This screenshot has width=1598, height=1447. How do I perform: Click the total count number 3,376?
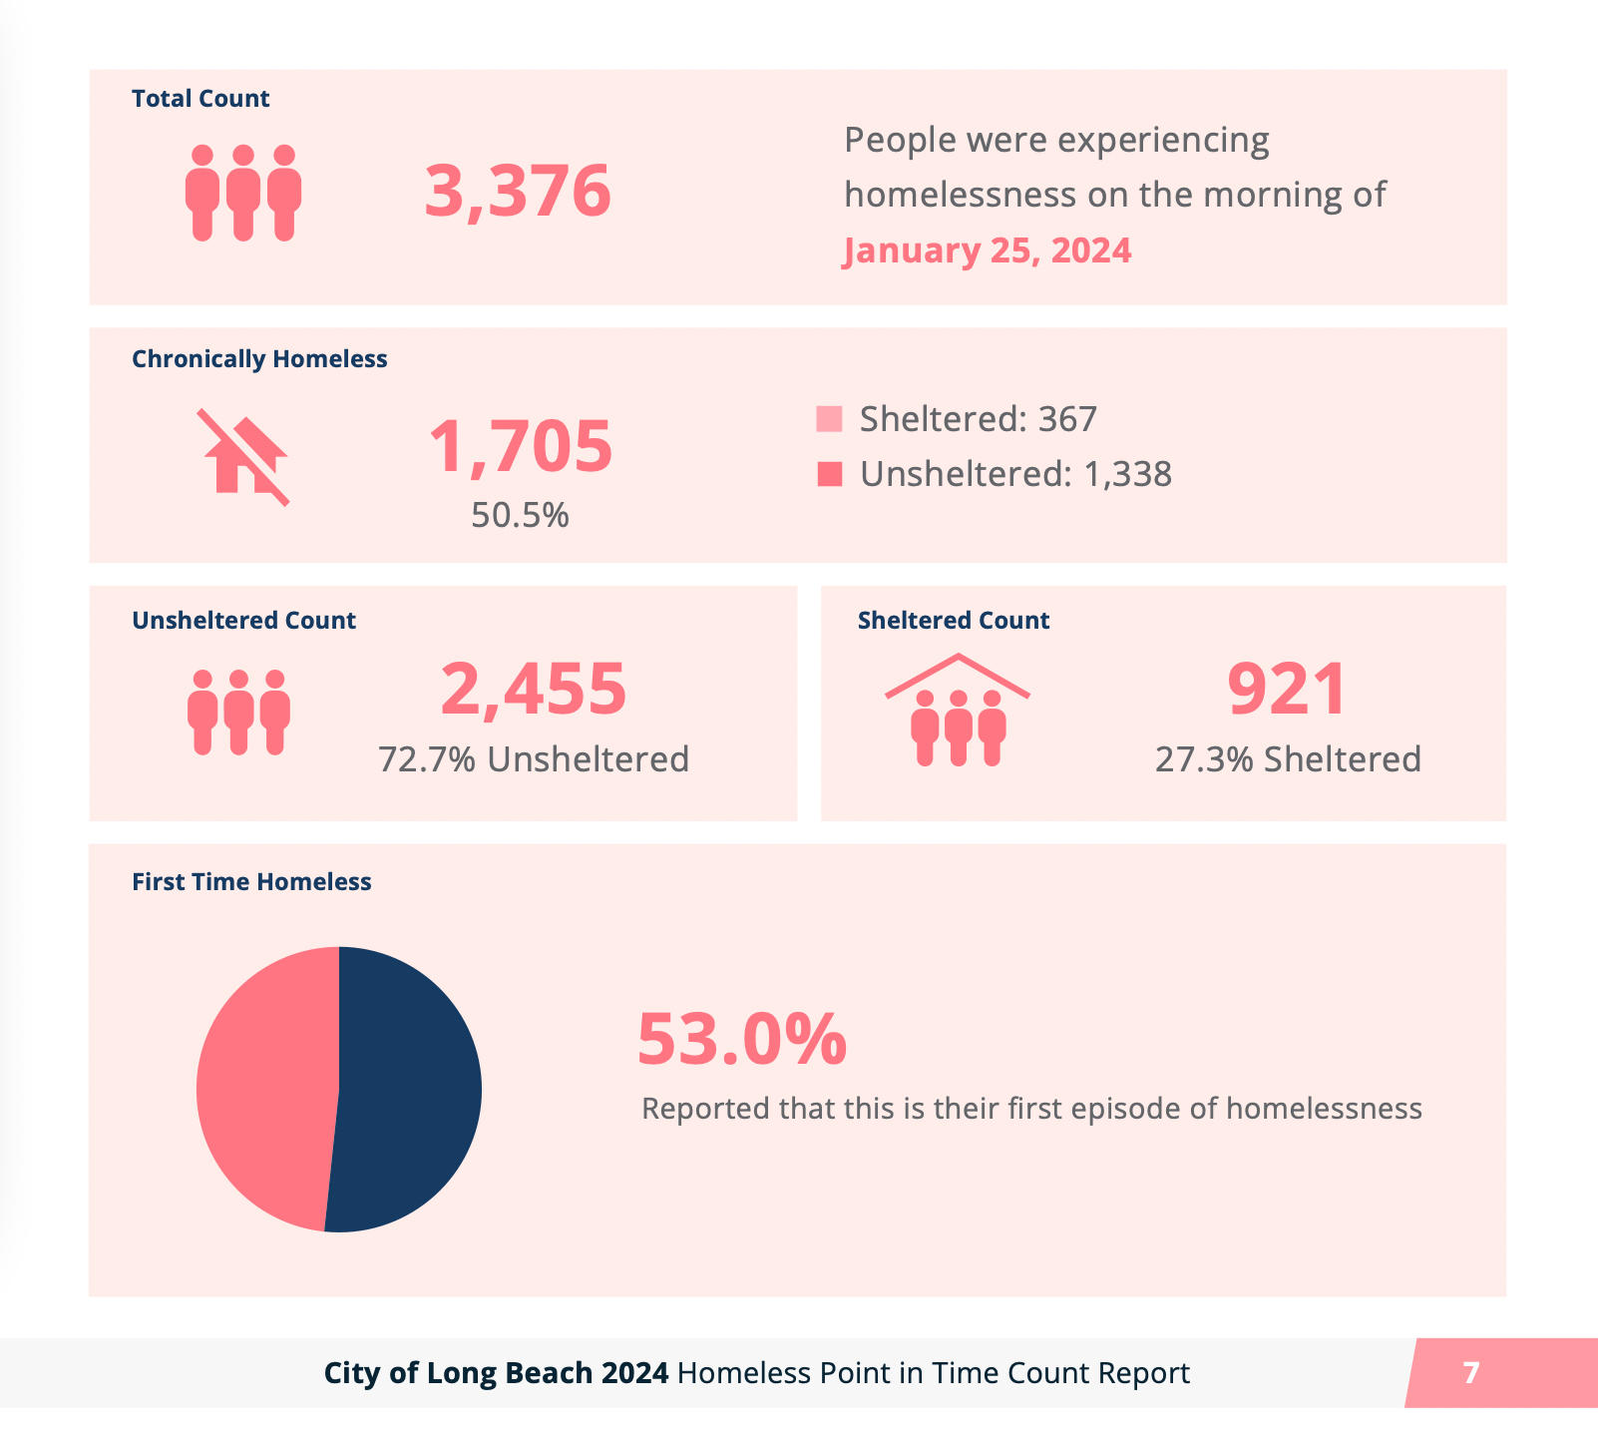pyautogui.click(x=517, y=191)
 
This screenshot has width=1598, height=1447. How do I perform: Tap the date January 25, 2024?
pyautogui.click(x=988, y=250)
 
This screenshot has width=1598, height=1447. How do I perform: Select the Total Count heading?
pyautogui.click(x=200, y=99)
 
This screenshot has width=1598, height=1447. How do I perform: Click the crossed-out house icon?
pyautogui.click(x=244, y=457)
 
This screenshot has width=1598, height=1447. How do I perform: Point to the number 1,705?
pyautogui.click(x=520, y=446)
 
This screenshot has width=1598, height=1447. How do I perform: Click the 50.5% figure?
pyautogui.click(x=520, y=515)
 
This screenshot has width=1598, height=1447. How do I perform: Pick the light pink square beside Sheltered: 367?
pyautogui.click(x=829, y=419)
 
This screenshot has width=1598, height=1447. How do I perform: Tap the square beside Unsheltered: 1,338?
pyautogui.click(x=829, y=474)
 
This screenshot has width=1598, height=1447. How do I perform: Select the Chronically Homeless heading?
pyautogui.click(x=259, y=359)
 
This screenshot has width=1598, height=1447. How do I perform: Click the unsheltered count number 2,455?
pyautogui.click(x=533, y=689)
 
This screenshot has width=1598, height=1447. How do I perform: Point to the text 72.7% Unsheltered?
pyautogui.click(x=534, y=759)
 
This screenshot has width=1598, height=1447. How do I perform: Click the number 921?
pyautogui.click(x=1287, y=689)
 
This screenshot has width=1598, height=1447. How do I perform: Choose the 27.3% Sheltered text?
pyautogui.click(x=1288, y=759)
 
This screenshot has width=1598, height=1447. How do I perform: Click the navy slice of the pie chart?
pyautogui.click(x=409, y=1089)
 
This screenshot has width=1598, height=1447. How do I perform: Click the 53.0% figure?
pyautogui.click(x=741, y=1039)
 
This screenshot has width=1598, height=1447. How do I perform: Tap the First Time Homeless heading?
pyautogui.click(x=251, y=882)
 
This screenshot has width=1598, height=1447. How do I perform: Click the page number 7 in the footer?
pyautogui.click(x=1471, y=1373)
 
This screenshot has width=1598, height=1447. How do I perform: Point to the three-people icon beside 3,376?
pyautogui.click(x=243, y=193)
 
